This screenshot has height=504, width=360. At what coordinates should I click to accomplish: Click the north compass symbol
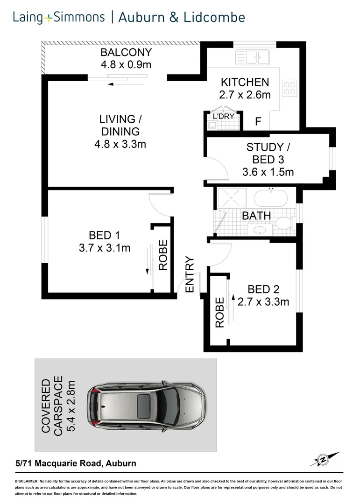tap(322, 460)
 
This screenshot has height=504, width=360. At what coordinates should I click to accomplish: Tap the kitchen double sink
tap(252, 58)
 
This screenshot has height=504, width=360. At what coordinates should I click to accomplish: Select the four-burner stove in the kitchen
tap(289, 88)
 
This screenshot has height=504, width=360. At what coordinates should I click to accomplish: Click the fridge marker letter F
tap(258, 122)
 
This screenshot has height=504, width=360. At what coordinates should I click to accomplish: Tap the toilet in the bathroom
tap(284, 223)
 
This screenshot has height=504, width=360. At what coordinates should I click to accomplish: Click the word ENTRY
tap(190, 274)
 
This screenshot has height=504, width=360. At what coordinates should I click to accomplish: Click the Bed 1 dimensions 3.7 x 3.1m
tap(105, 248)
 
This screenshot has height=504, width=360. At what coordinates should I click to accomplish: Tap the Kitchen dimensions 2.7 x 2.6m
tap(245, 95)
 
